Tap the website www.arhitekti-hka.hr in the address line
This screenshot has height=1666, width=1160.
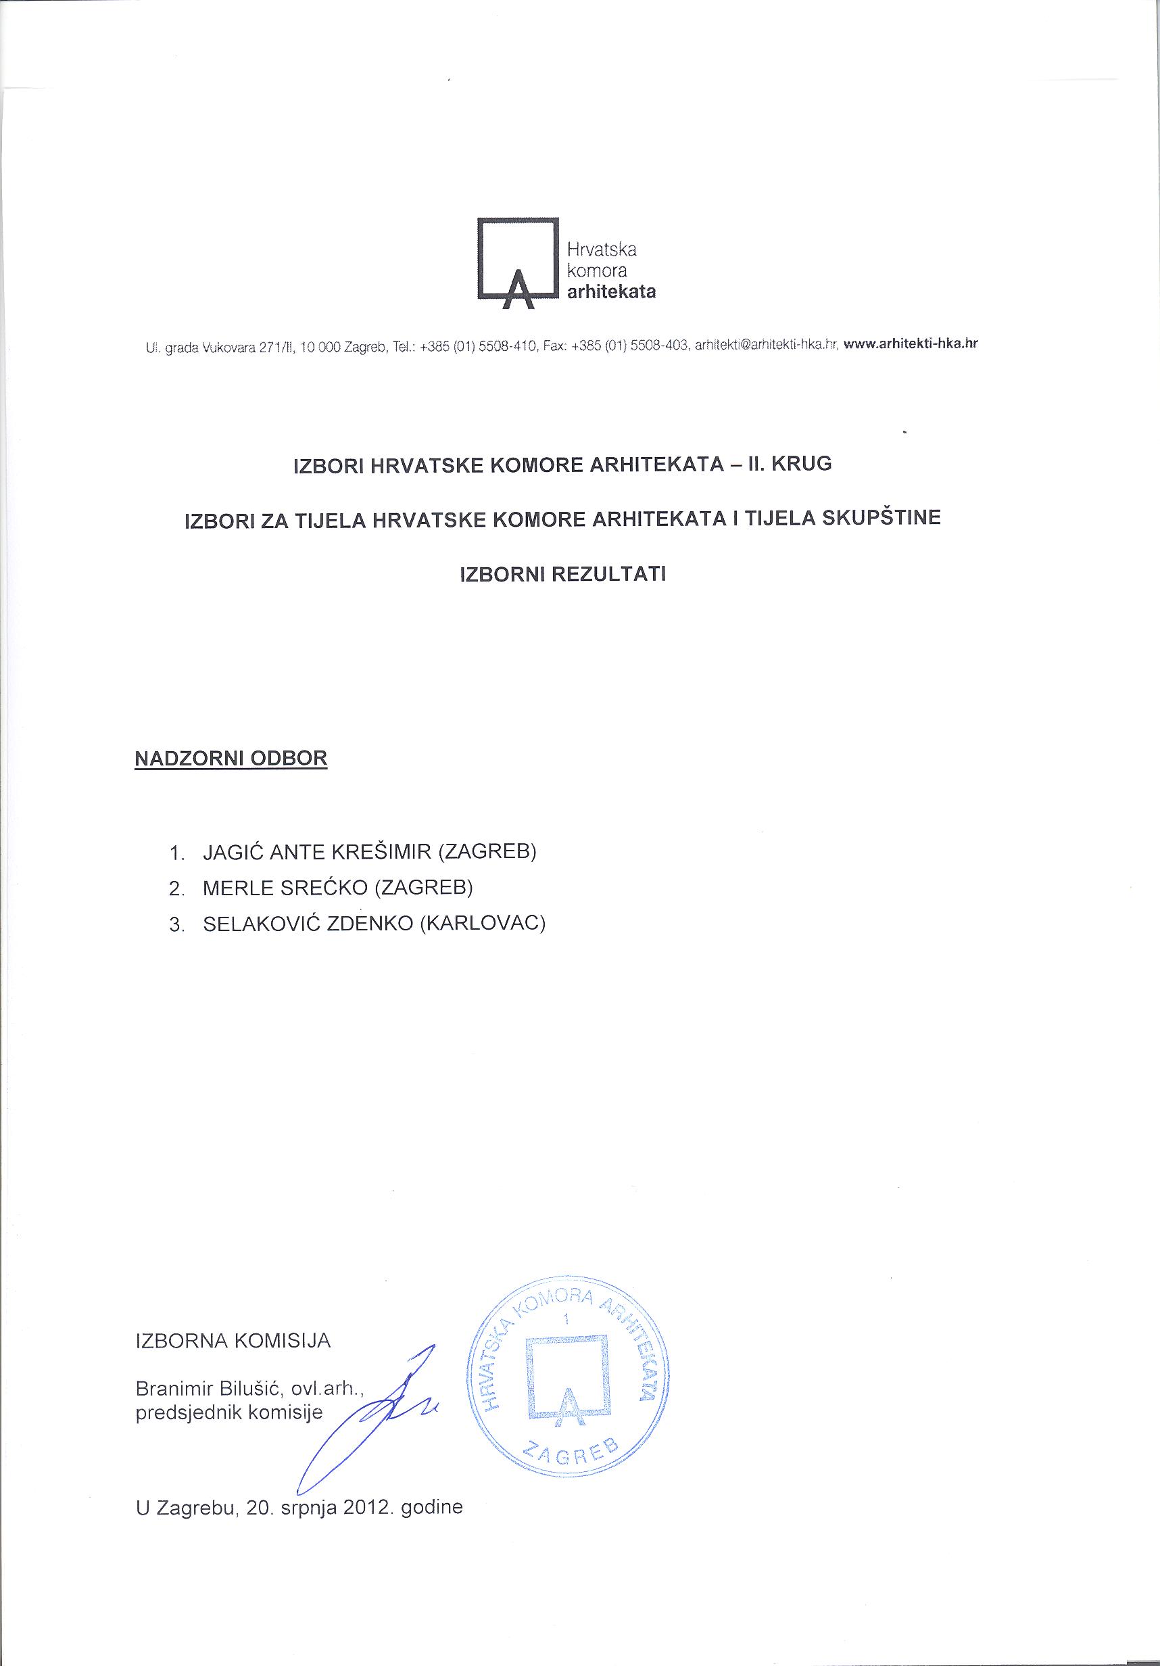911,345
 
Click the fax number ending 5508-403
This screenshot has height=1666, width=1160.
658,346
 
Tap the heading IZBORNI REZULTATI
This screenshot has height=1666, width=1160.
564,575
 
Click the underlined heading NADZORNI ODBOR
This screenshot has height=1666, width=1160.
231,759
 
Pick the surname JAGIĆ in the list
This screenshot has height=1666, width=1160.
232,852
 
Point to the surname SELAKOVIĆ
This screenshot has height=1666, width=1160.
260,924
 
